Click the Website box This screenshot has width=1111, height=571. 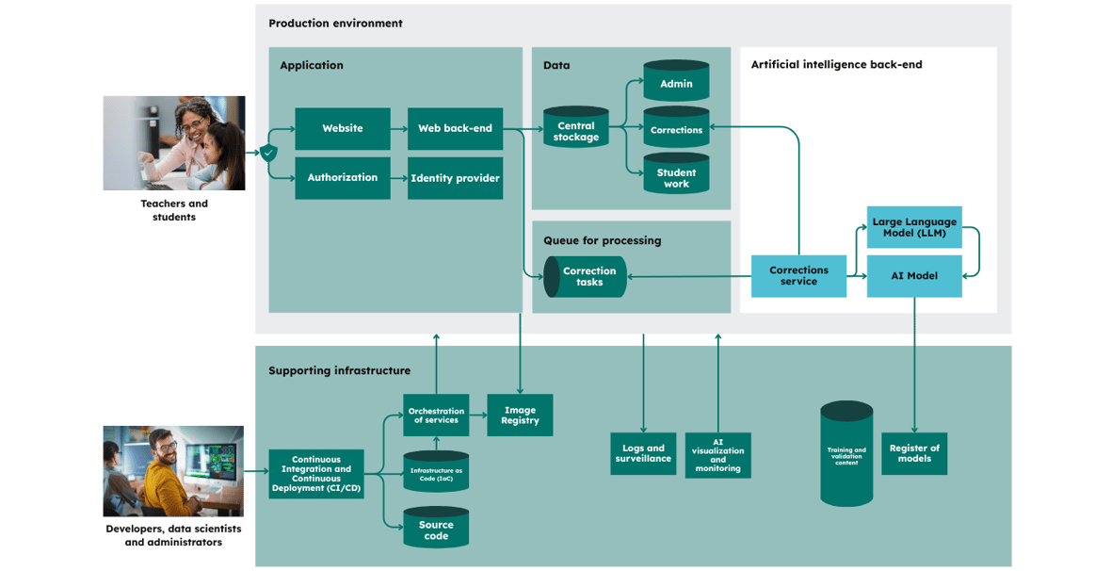pyautogui.click(x=342, y=128)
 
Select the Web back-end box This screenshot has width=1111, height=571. pyautogui.click(x=455, y=128)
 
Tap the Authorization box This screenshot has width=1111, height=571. pyautogui.click(x=342, y=177)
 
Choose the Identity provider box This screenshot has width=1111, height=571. pyautogui.click(x=455, y=177)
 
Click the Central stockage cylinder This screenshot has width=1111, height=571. pyautogui.click(x=576, y=128)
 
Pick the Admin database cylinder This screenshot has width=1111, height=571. pyautogui.click(x=676, y=81)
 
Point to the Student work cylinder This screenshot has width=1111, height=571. pyautogui.click(x=676, y=173)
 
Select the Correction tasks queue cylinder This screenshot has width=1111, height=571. pyautogui.click(x=586, y=277)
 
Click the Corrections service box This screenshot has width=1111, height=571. pyautogui.click(x=798, y=276)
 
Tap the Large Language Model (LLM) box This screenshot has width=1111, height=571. pyautogui.click(x=914, y=228)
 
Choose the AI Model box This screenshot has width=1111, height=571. pyautogui.click(x=914, y=276)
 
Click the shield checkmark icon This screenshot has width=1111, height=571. pyautogui.click(x=267, y=153)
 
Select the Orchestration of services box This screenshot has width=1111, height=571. pyautogui.click(x=436, y=415)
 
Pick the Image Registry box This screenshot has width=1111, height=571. pyautogui.click(x=520, y=415)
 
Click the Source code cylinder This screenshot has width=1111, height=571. pyautogui.click(x=436, y=528)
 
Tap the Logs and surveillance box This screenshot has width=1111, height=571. pyautogui.click(x=643, y=454)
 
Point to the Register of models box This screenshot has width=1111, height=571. pyautogui.click(x=914, y=454)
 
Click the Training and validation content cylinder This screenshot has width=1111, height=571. pyautogui.click(x=846, y=454)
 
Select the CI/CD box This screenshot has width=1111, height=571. pyautogui.click(x=316, y=474)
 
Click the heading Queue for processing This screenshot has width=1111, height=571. pyautogui.click(x=603, y=240)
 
